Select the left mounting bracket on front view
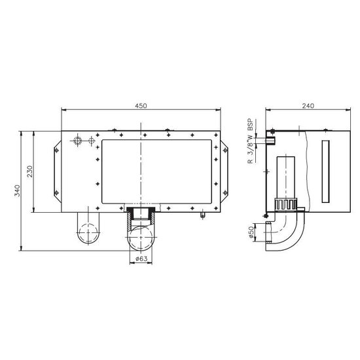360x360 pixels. [x=56, y=171]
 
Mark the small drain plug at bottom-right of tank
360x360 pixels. [x=203, y=213]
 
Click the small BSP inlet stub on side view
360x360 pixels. [x=271, y=139]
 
